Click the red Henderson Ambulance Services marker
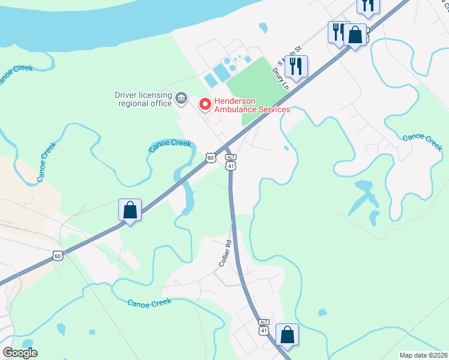tap(205, 104)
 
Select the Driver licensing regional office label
tap(143, 98)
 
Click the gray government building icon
tap(181, 97)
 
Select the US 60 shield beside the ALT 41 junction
tap(209, 158)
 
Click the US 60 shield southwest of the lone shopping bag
tap(57, 256)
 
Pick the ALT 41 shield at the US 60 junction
tap(231, 161)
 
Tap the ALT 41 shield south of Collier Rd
tap(264, 326)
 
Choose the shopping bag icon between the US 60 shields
tap(130, 211)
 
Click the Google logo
tap(20, 353)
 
